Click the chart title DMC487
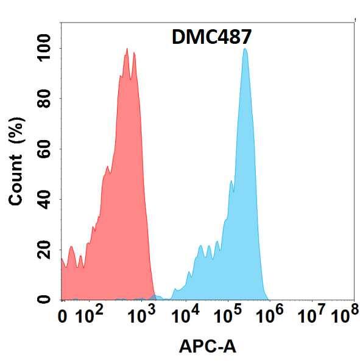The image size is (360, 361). [208, 38]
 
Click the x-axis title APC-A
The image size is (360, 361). [208, 346]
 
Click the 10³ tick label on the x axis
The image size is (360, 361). [141, 315]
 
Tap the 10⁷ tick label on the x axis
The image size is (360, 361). [311, 315]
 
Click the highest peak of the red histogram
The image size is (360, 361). [127, 49]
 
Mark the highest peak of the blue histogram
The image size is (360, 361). [245, 49]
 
